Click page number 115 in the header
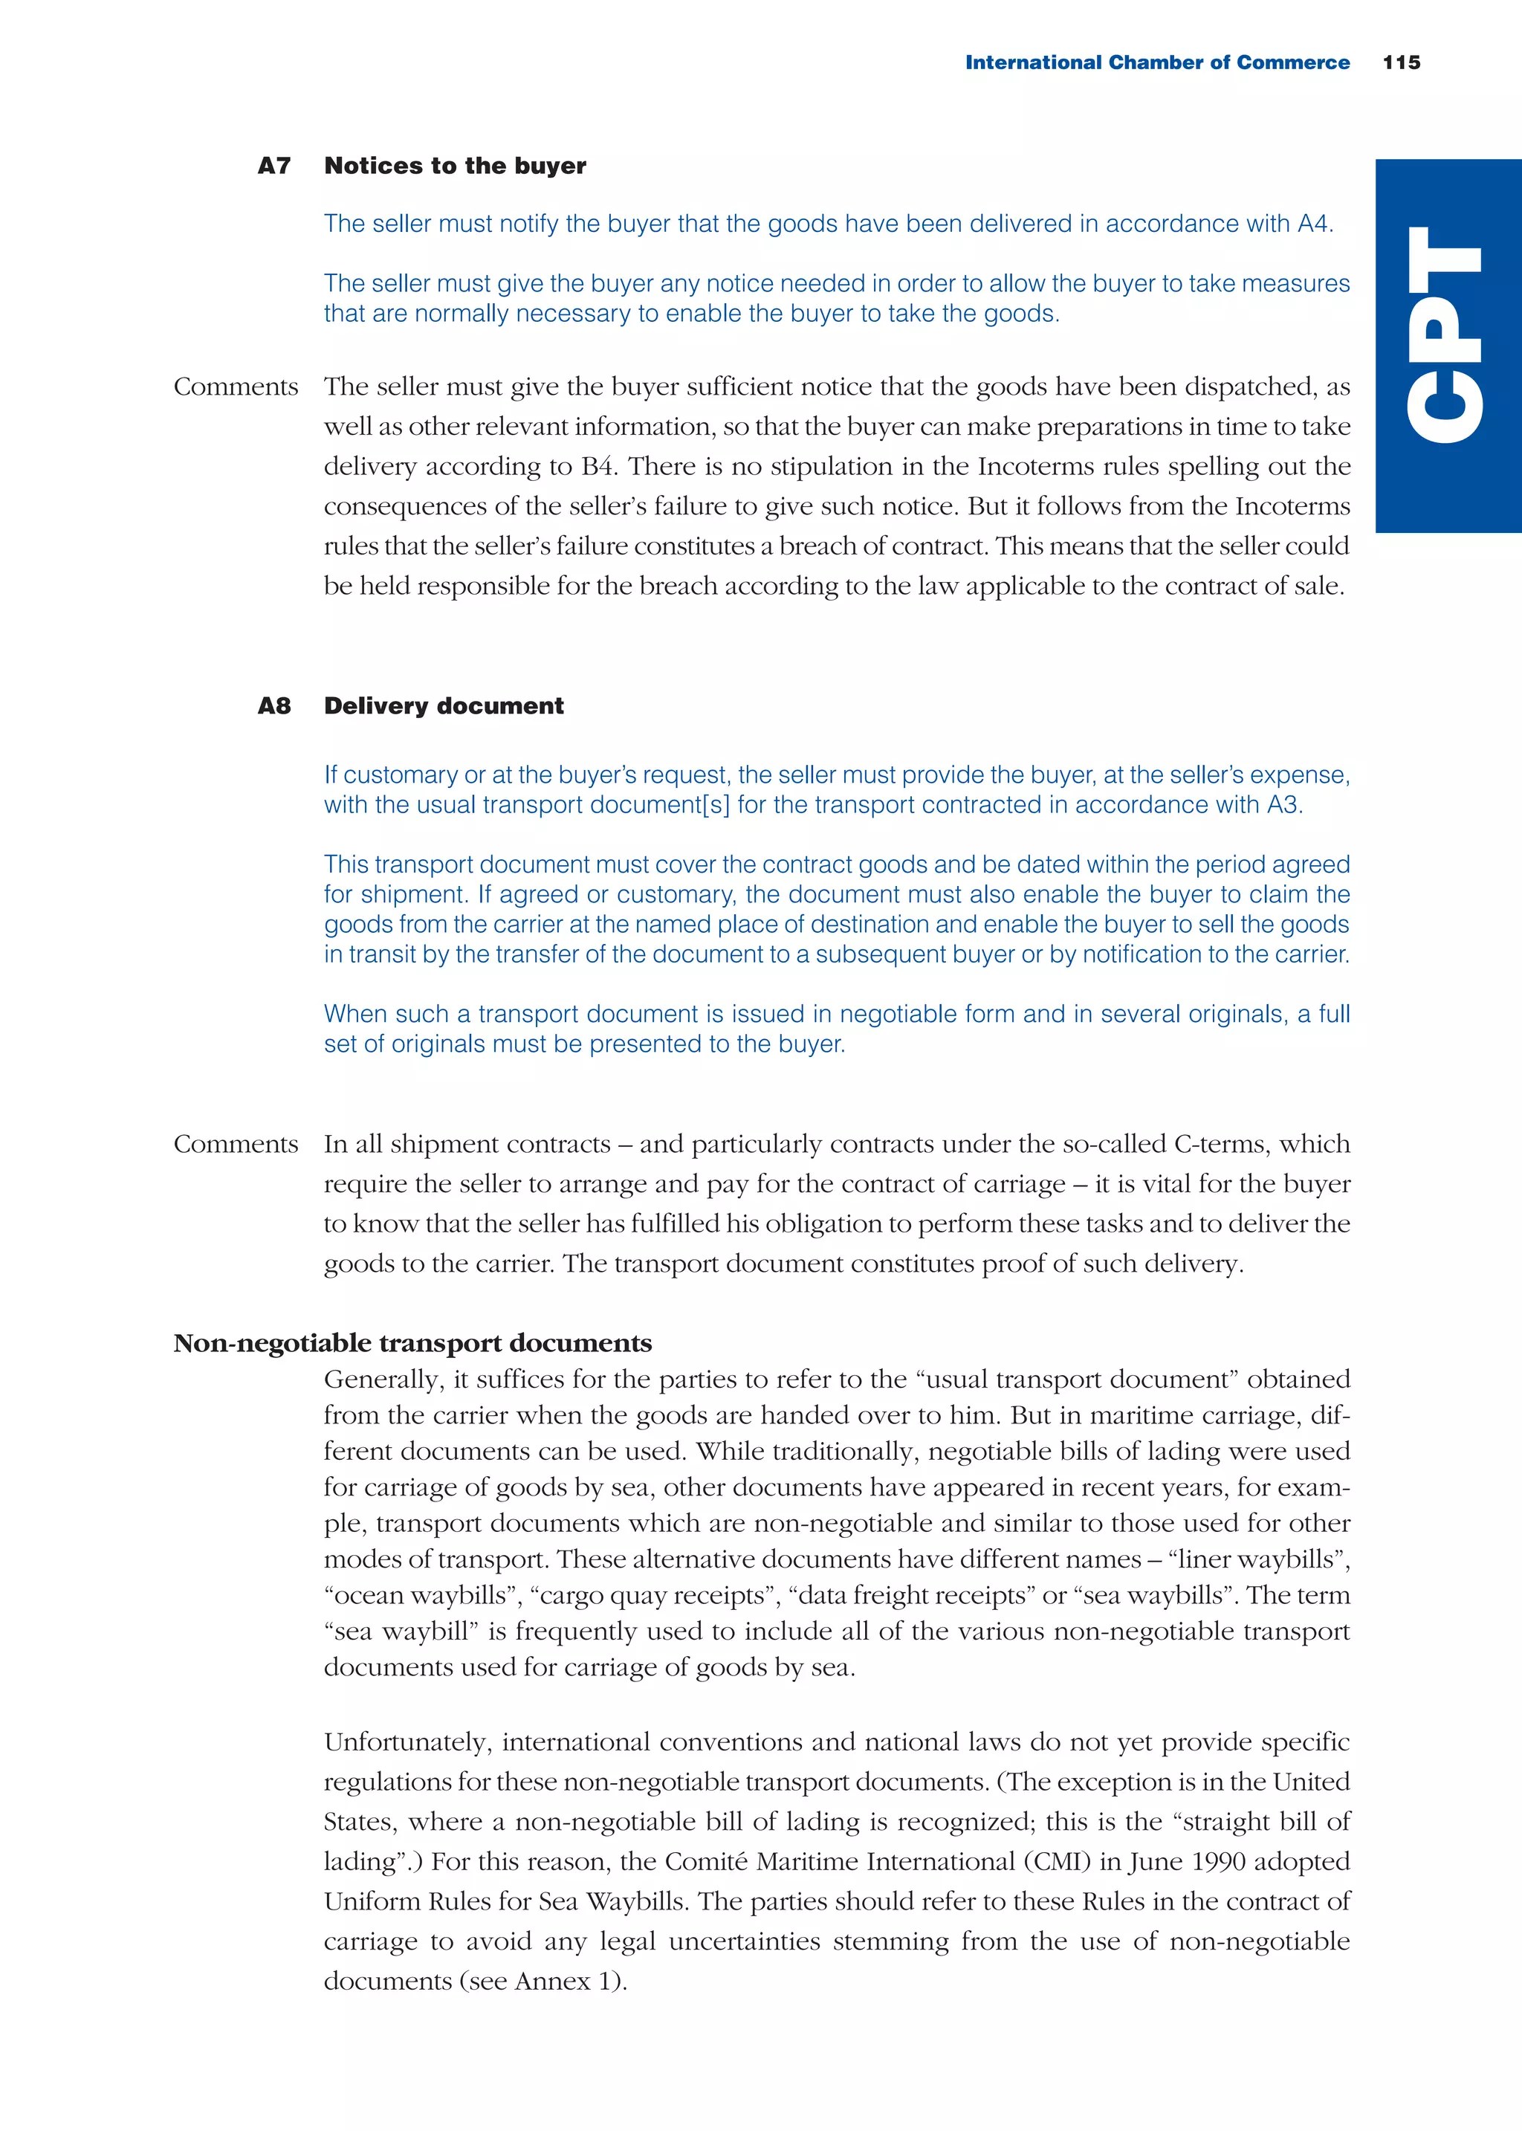[x=1401, y=62]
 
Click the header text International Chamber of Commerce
[x=1156, y=62]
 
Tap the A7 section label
[x=273, y=166]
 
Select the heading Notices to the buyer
[x=455, y=166]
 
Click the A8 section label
[x=273, y=705]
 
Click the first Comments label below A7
[x=236, y=387]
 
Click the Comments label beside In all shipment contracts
[x=236, y=1144]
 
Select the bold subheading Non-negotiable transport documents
[x=412, y=1343]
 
